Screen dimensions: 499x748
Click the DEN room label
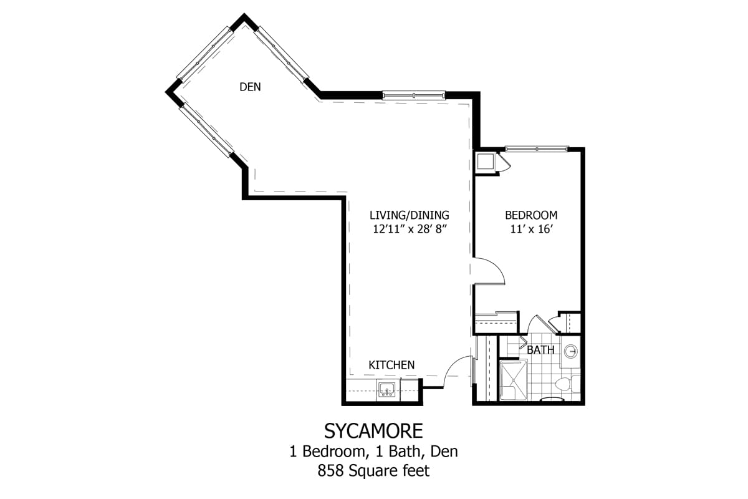pos(250,87)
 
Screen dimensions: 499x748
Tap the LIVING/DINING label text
pos(408,215)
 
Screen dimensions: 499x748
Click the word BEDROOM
pos(530,215)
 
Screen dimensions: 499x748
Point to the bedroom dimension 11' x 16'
pos(530,229)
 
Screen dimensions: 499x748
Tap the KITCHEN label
pos(391,365)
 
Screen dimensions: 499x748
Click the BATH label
pos(540,350)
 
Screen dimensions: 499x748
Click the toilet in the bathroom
pos(563,385)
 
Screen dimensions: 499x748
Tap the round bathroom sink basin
pos(571,352)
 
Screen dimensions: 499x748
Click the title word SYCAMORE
pos(373,430)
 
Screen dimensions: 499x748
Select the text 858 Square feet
pos(373,470)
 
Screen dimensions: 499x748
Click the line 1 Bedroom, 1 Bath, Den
pos(373,451)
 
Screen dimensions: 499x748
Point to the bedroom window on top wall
pos(536,148)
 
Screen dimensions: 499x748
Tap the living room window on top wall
pos(414,95)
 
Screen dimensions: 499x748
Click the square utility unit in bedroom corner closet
pos(484,162)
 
